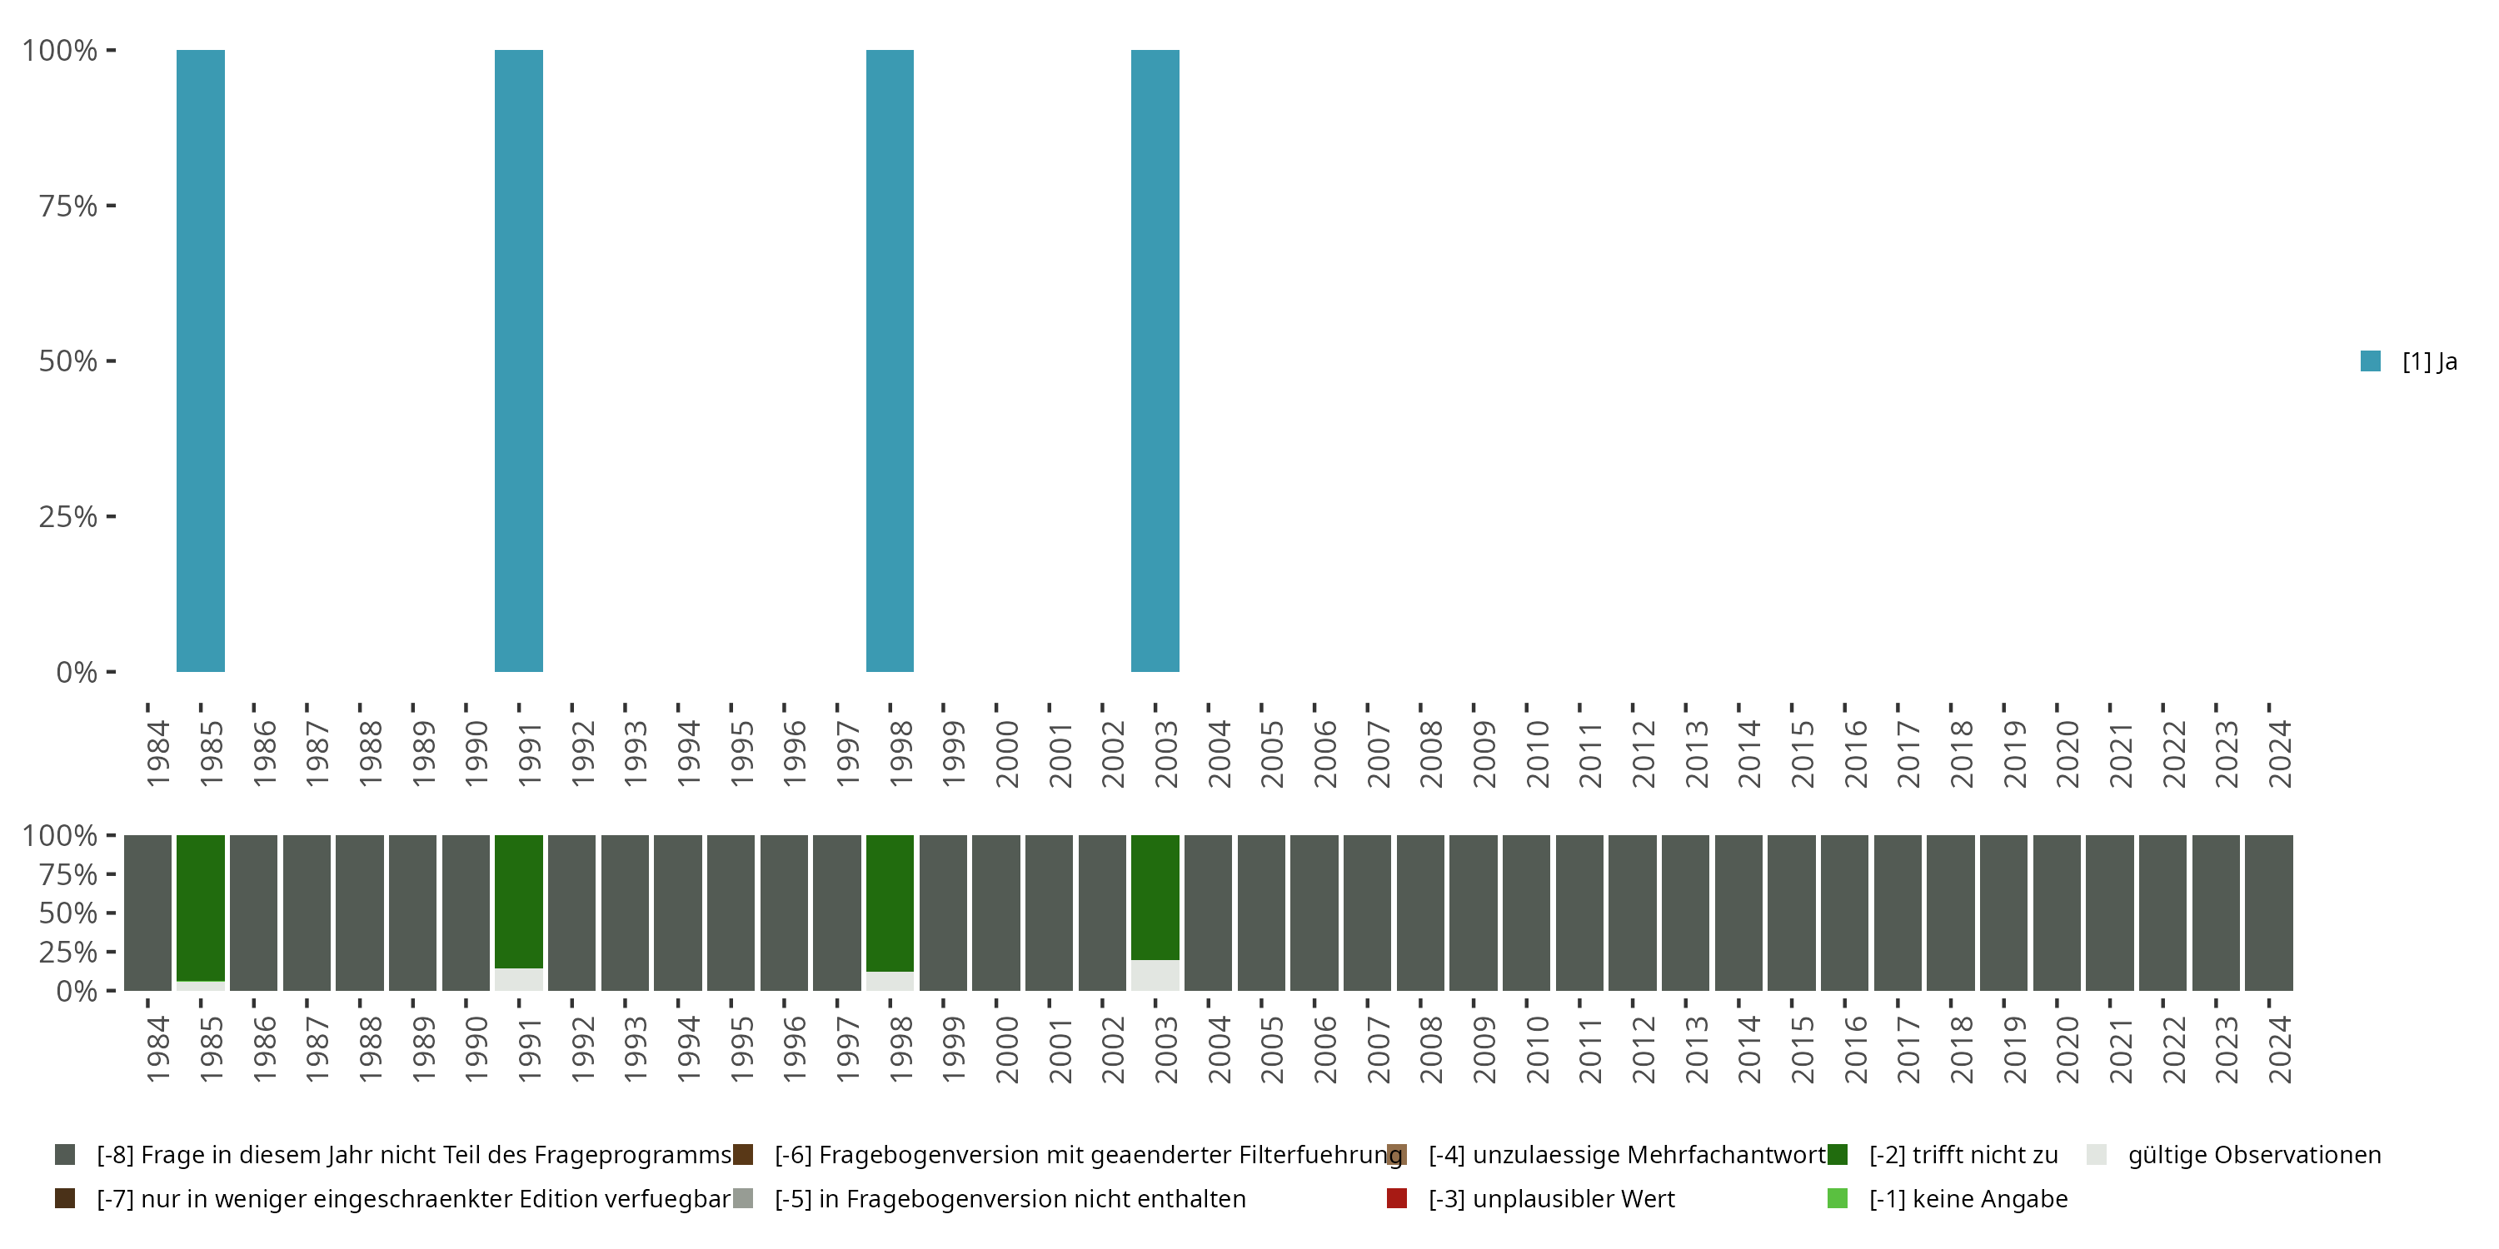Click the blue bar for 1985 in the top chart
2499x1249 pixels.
pyautogui.click(x=201, y=361)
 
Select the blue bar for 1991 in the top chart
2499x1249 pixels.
pyautogui.click(x=519, y=361)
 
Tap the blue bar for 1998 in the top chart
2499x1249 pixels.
pyautogui.click(x=890, y=361)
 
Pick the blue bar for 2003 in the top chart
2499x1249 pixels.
pyautogui.click(x=1155, y=361)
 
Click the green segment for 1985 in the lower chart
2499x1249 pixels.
pyautogui.click(x=201, y=907)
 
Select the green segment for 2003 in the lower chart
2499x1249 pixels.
pyautogui.click(x=1155, y=897)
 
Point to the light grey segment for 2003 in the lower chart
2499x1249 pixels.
pyautogui.click(x=1155, y=976)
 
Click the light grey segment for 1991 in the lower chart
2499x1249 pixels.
pyautogui.click(x=519, y=979)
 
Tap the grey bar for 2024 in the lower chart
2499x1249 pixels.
pyautogui.click(x=2269, y=913)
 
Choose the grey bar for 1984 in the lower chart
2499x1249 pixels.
pyautogui.click(x=147, y=913)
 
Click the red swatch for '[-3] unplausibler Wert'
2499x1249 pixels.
pyautogui.click(x=1397, y=1198)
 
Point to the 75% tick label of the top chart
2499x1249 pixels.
pyautogui.click(x=68, y=206)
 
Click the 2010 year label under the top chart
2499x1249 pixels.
pyautogui.click(x=1537, y=754)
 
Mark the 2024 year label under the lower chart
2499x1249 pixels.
pyautogui.click(x=2279, y=1049)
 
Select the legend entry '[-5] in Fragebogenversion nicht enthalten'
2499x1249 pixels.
pyautogui.click(x=1009, y=1198)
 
